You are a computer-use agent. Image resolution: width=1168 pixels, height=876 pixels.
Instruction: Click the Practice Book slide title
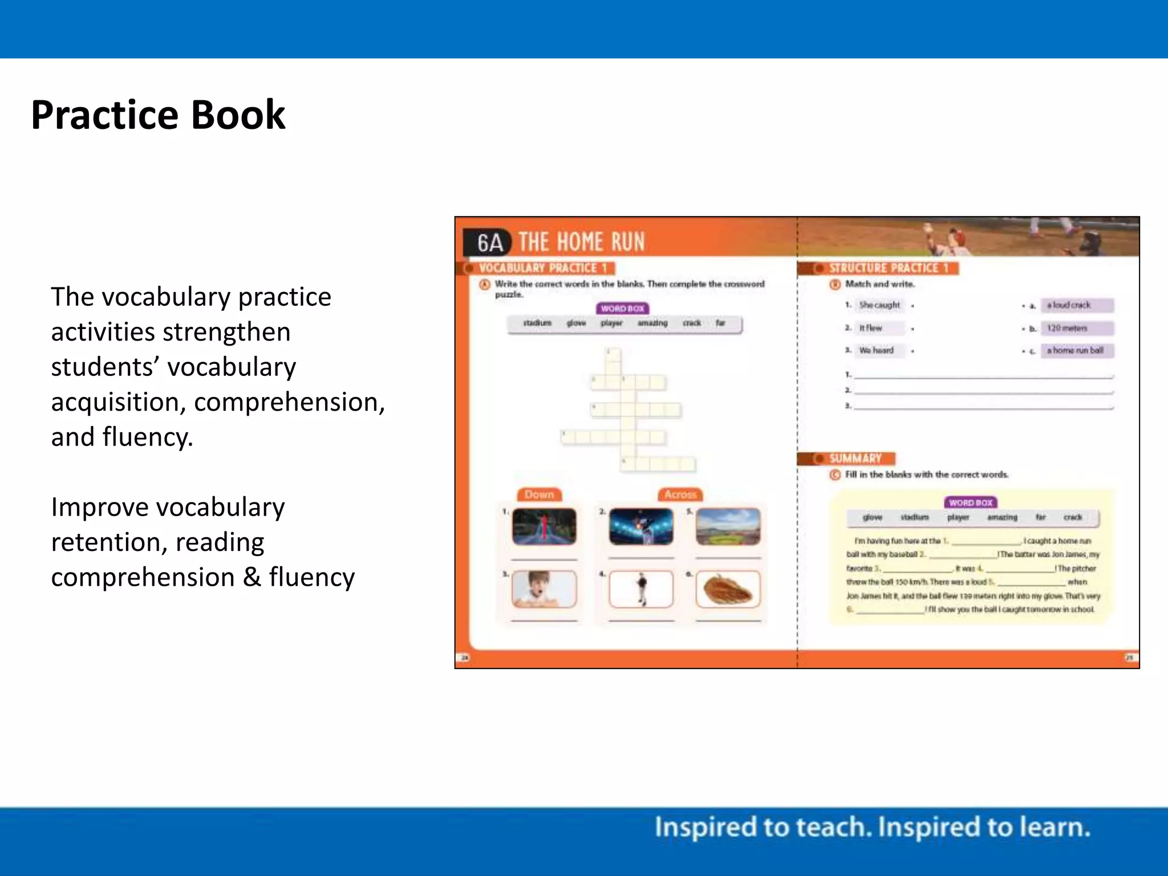click(158, 115)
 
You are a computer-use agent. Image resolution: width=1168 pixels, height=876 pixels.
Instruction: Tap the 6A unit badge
click(489, 242)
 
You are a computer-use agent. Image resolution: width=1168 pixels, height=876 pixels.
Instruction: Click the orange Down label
click(539, 494)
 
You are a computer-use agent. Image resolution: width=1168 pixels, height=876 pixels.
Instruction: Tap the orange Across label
click(680, 494)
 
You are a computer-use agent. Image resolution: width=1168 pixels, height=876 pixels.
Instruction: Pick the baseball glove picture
click(728, 589)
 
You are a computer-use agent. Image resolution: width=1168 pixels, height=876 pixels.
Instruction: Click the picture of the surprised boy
click(544, 589)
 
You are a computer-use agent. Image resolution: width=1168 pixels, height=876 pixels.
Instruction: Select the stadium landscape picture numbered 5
click(728, 526)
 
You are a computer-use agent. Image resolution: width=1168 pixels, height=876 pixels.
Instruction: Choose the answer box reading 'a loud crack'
click(1076, 305)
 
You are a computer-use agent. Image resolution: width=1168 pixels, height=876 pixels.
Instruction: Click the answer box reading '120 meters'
click(1076, 328)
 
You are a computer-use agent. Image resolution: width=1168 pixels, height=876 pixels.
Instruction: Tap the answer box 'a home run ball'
click(1076, 350)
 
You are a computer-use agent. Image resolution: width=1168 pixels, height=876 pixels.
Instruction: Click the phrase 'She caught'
click(879, 305)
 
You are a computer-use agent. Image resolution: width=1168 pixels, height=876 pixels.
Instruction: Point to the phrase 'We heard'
click(877, 350)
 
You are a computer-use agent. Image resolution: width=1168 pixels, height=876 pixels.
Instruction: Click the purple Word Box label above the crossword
click(622, 309)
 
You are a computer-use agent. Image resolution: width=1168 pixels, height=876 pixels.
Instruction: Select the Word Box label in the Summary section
click(971, 502)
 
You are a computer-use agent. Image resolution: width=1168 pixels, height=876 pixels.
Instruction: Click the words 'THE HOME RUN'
click(581, 242)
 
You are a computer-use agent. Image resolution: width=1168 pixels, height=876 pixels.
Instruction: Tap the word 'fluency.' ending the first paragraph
click(148, 437)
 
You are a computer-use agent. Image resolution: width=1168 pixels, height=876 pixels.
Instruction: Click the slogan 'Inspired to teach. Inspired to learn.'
click(872, 828)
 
